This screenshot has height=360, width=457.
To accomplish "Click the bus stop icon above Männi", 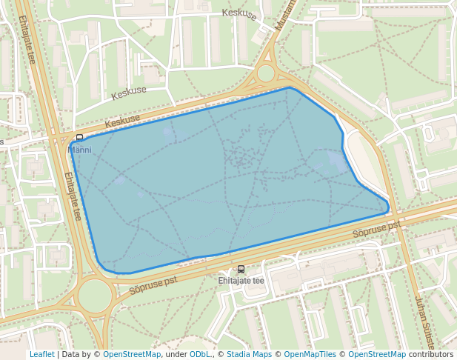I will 79,138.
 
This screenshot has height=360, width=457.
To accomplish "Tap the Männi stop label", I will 79,150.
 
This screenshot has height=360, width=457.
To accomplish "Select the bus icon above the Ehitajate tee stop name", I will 241,270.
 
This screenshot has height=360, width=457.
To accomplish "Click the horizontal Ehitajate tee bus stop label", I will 241,281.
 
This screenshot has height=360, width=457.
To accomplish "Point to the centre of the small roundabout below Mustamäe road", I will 265,73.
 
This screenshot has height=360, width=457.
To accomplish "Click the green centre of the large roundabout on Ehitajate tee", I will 95,296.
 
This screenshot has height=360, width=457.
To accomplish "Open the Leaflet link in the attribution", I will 41,354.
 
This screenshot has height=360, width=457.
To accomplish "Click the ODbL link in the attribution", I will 199,354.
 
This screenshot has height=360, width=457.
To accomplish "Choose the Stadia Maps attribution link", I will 249,354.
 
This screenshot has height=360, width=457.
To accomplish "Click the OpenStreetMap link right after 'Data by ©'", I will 131,354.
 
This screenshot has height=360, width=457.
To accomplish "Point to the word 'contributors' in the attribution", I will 430,354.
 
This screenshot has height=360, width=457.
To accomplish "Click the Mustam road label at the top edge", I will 285,15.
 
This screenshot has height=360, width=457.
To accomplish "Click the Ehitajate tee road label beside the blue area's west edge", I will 72,196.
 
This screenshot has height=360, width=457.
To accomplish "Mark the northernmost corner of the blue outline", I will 290,87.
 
